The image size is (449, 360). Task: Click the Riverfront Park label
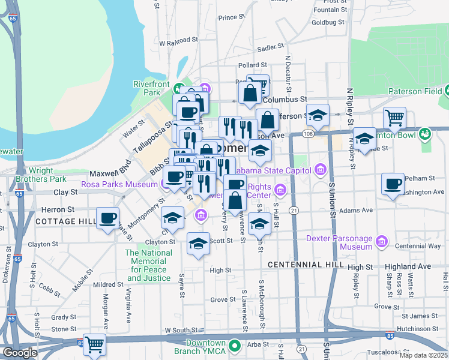[147, 89]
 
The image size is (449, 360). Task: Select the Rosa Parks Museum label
[119, 185]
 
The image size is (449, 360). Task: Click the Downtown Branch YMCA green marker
[235, 346]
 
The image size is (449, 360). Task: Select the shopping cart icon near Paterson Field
[394, 118]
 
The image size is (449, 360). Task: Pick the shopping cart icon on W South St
[95, 344]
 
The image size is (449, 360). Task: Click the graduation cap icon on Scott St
[197, 243]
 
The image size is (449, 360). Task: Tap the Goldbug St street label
[328, 22]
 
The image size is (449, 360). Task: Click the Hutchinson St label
[424, 329]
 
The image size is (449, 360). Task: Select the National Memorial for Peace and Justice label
[149, 265]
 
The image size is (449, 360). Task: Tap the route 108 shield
[307, 133]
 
